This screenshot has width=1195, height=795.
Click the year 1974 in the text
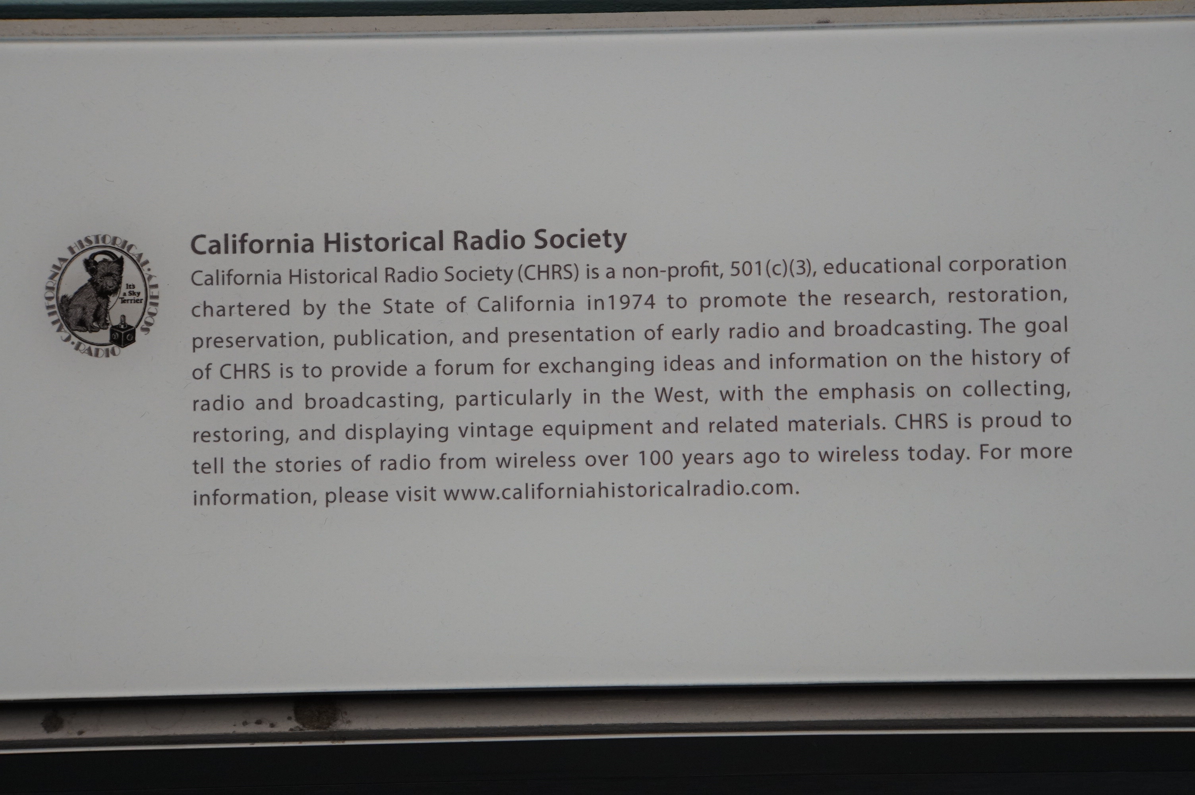click(631, 302)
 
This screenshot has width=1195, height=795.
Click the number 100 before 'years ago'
click(655, 458)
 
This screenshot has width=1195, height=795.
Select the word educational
click(882, 266)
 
